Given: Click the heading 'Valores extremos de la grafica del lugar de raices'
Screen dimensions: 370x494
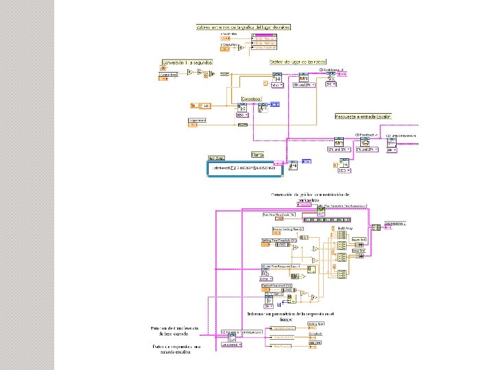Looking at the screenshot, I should coord(243,27).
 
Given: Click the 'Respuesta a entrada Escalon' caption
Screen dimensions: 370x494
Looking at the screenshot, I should coord(362,117).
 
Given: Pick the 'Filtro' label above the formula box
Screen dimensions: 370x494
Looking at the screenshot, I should coord(259,155).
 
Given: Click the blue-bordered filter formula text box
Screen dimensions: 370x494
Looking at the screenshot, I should coord(244,167).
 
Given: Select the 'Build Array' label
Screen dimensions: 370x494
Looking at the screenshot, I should coord(346,227).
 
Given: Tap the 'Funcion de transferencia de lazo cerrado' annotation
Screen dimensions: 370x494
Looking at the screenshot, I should coord(174,332).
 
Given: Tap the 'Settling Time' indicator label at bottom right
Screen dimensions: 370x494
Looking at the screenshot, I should coord(316,323).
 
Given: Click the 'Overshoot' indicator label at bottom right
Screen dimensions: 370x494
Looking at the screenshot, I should coord(315,332).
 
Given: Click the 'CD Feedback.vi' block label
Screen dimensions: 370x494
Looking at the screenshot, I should coord(366,134).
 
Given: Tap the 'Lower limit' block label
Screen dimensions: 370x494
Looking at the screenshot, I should coord(358,251).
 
